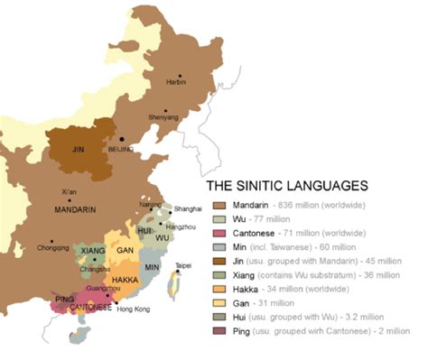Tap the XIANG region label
(x=93, y=249)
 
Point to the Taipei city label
(x=184, y=266)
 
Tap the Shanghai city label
(x=188, y=208)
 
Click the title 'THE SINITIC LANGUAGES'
(x=287, y=186)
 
